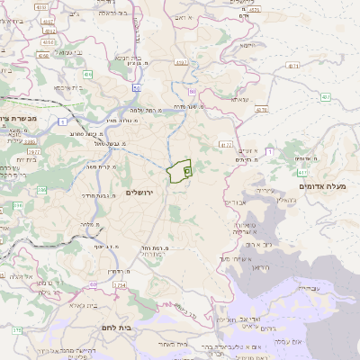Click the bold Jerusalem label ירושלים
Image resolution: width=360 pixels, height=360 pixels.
pos(141,193)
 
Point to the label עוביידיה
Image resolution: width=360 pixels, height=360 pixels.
pos(305,288)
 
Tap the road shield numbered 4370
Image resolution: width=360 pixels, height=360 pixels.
pos(262,109)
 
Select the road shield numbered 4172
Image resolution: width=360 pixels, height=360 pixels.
pos(225,144)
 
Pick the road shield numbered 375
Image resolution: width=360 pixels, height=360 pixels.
pos(15,332)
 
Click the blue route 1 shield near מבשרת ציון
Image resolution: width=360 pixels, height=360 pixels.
pos(62,121)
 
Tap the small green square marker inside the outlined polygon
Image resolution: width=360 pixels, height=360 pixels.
pos(186,169)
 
